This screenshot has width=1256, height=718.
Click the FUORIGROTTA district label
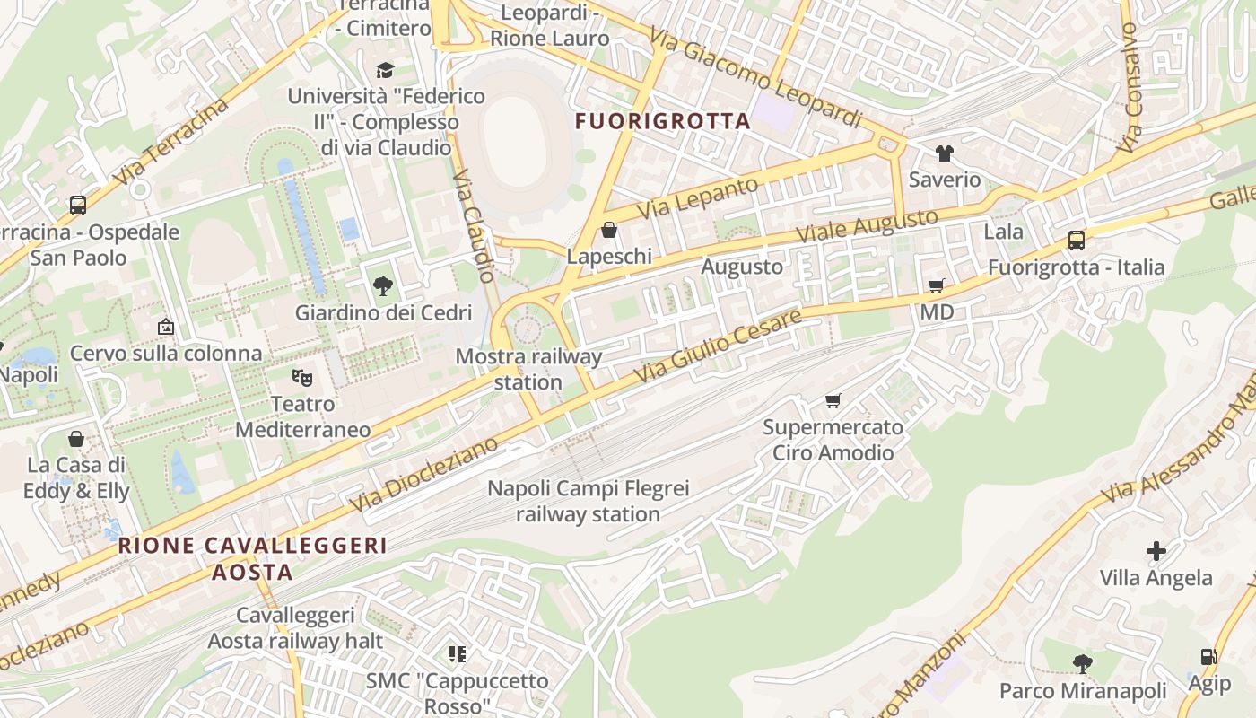coord(662,121)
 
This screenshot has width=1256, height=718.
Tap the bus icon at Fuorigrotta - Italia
coord(1076,241)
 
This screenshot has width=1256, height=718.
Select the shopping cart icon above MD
coord(936,285)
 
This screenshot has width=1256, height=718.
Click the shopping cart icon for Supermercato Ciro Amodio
coord(833,400)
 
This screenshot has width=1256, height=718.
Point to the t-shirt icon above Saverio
coord(944,153)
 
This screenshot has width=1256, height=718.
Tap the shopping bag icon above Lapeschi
coord(609,231)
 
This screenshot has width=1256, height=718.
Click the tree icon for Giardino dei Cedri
coord(383,286)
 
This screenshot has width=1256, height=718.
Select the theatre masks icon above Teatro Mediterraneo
coord(302,378)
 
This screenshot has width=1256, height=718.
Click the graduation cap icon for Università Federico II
coord(385,70)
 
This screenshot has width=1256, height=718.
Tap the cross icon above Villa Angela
coord(1156,551)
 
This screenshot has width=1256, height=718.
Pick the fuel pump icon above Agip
coord(1208,657)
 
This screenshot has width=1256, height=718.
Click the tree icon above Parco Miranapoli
coord(1083,664)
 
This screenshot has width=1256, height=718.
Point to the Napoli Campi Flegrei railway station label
coord(588,502)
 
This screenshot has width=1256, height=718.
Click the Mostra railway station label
coord(528,369)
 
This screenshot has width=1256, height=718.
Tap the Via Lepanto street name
coord(698,198)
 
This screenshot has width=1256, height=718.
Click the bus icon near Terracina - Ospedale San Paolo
coord(78,206)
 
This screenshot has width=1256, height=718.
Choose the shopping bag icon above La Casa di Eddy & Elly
coord(76,439)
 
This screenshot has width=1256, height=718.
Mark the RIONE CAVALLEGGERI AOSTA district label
coord(253,558)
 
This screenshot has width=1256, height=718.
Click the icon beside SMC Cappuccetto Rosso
coord(458,654)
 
